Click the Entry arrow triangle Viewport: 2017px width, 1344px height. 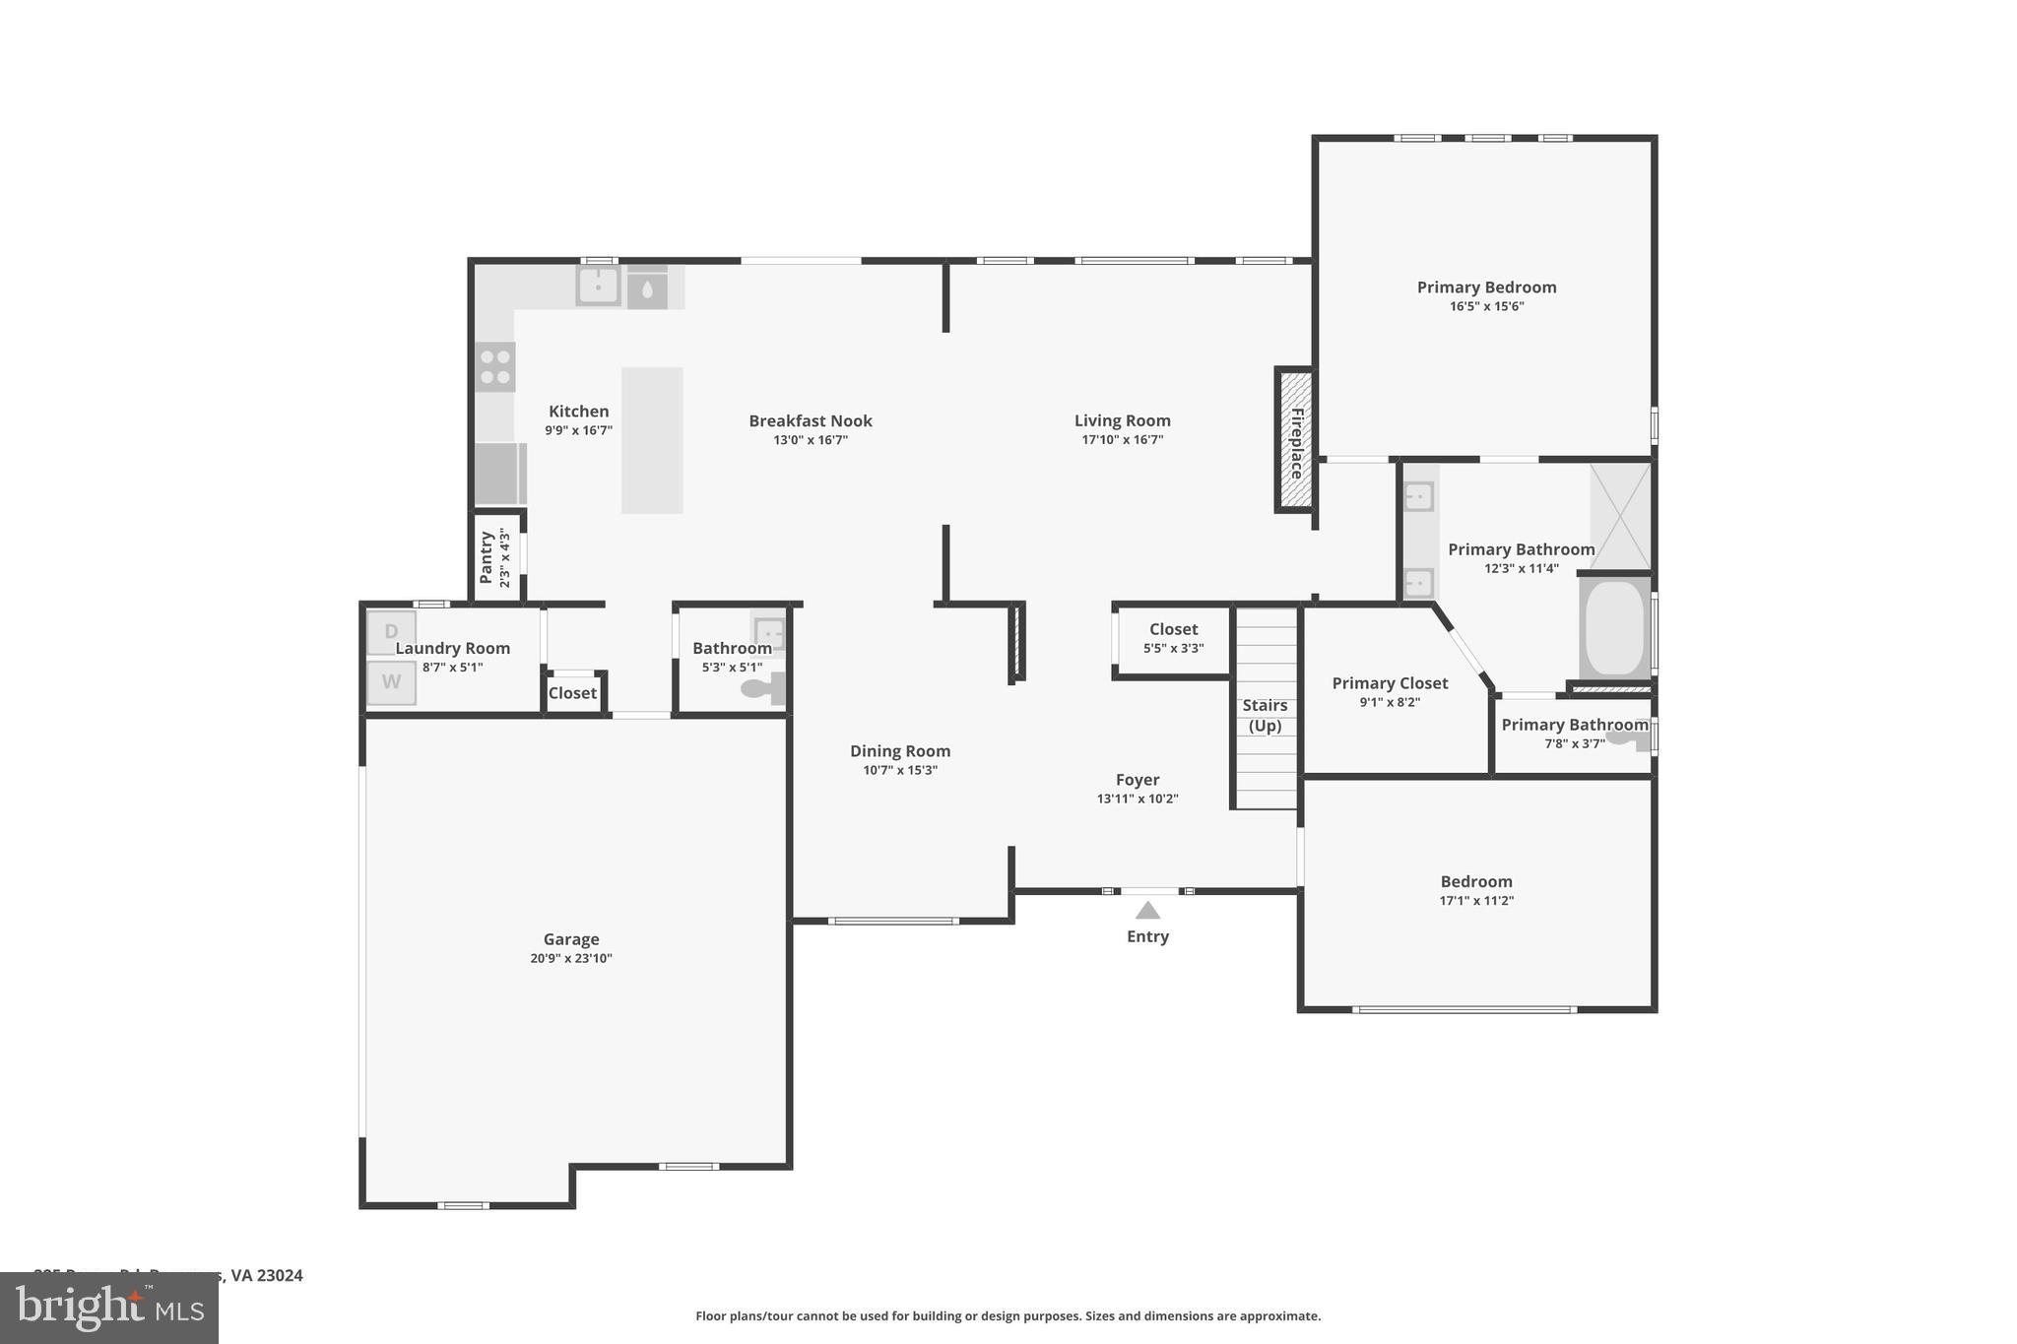(x=1147, y=911)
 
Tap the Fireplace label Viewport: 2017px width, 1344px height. (x=1296, y=443)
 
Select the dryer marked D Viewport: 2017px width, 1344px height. (x=391, y=631)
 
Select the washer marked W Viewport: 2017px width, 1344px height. (x=391, y=682)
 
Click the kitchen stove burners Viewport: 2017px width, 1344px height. (x=495, y=367)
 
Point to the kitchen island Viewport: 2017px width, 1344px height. (x=652, y=440)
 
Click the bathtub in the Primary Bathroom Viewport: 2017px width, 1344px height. (x=1614, y=628)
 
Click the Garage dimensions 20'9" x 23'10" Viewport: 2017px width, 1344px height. (x=571, y=958)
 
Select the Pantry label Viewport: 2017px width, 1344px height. (x=486, y=557)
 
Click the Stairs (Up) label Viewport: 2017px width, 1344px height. (x=1265, y=715)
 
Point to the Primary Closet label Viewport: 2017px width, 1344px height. (x=1390, y=683)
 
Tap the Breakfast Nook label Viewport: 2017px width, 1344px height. (x=811, y=421)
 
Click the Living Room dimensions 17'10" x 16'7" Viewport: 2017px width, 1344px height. (x=1123, y=440)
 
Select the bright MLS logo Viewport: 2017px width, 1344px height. (x=109, y=1308)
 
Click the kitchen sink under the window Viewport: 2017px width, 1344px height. (x=598, y=286)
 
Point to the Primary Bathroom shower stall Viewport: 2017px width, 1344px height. (x=1620, y=516)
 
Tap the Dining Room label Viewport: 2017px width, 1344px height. (x=900, y=751)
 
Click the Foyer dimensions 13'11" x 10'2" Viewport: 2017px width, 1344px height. (x=1138, y=799)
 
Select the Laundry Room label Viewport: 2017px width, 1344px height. (x=453, y=648)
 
